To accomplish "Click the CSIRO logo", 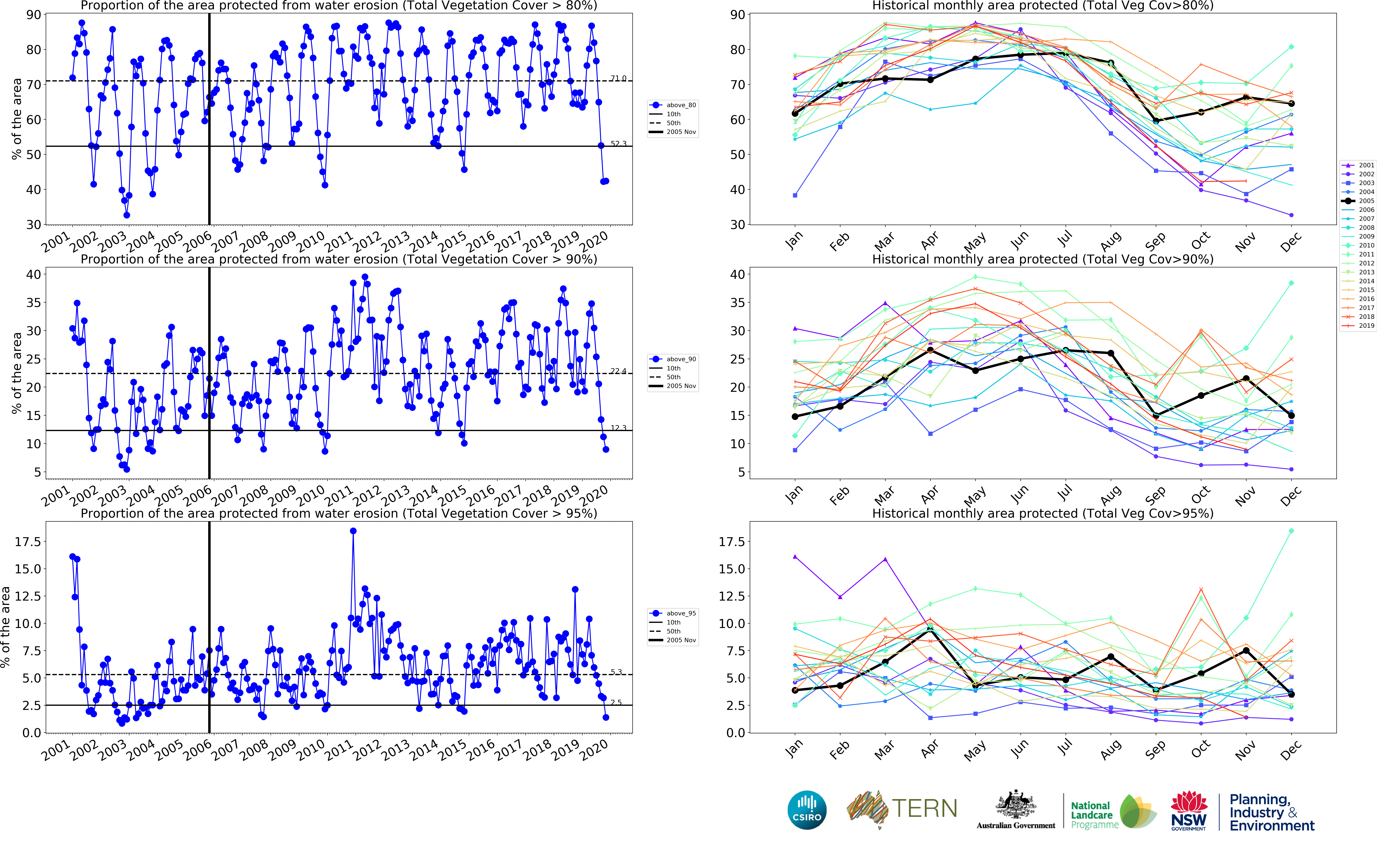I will coord(807,810).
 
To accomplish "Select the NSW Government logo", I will coord(1189,810).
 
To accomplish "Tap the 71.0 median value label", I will coord(618,78).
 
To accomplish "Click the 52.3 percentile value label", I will coord(618,144).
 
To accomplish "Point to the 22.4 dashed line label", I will coord(618,371).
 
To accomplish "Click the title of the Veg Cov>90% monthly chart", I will coord(1043,259).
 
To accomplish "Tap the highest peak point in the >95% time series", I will coord(353,531).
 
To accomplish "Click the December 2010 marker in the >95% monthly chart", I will coord(1291,531).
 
